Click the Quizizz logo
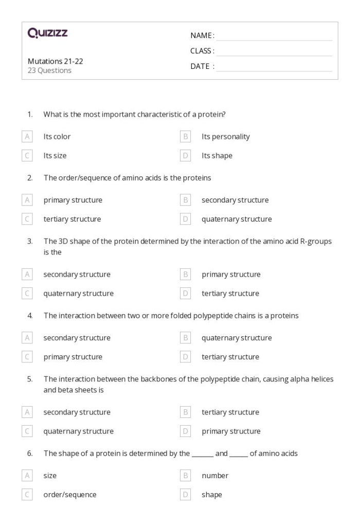click(47, 34)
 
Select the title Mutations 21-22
click(55, 61)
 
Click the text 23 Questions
click(49, 70)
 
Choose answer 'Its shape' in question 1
click(217, 155)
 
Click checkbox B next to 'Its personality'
click(186, 136)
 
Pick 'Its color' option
click(57, 136)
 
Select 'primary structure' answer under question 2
click(73, 200)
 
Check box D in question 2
click(186, 219)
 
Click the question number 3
click(30, 242)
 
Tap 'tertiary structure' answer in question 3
click(230, 294)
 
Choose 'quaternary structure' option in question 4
click(236, 338)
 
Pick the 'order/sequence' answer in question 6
click(69, 495)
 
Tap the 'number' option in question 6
click(214, 476)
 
